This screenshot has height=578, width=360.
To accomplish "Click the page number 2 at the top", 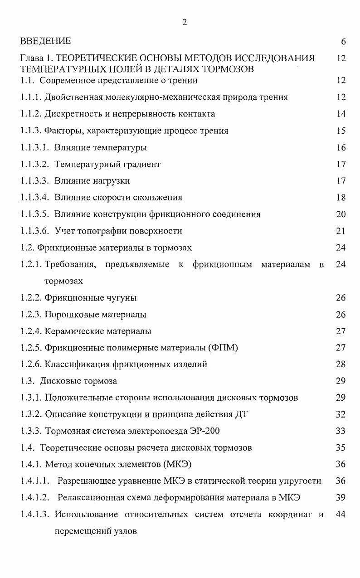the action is tap(185, 23).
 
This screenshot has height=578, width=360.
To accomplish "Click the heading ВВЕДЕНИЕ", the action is tap(46, 41).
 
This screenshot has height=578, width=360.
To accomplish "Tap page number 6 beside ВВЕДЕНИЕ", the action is tap(343, 42).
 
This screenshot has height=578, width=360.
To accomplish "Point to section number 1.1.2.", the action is tap(31, 114).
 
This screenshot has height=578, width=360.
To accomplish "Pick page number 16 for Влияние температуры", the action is tap(341, 147).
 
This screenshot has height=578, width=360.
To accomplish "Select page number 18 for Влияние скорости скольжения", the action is tap(341, 198).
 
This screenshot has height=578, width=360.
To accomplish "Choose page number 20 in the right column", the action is tap(341, 214).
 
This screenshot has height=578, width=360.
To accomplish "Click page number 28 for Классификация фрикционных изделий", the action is tap(341, 364).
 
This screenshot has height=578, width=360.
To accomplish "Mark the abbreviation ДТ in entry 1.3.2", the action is tap(241, 414).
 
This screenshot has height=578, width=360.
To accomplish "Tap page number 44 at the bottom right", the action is tap(341, 514).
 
